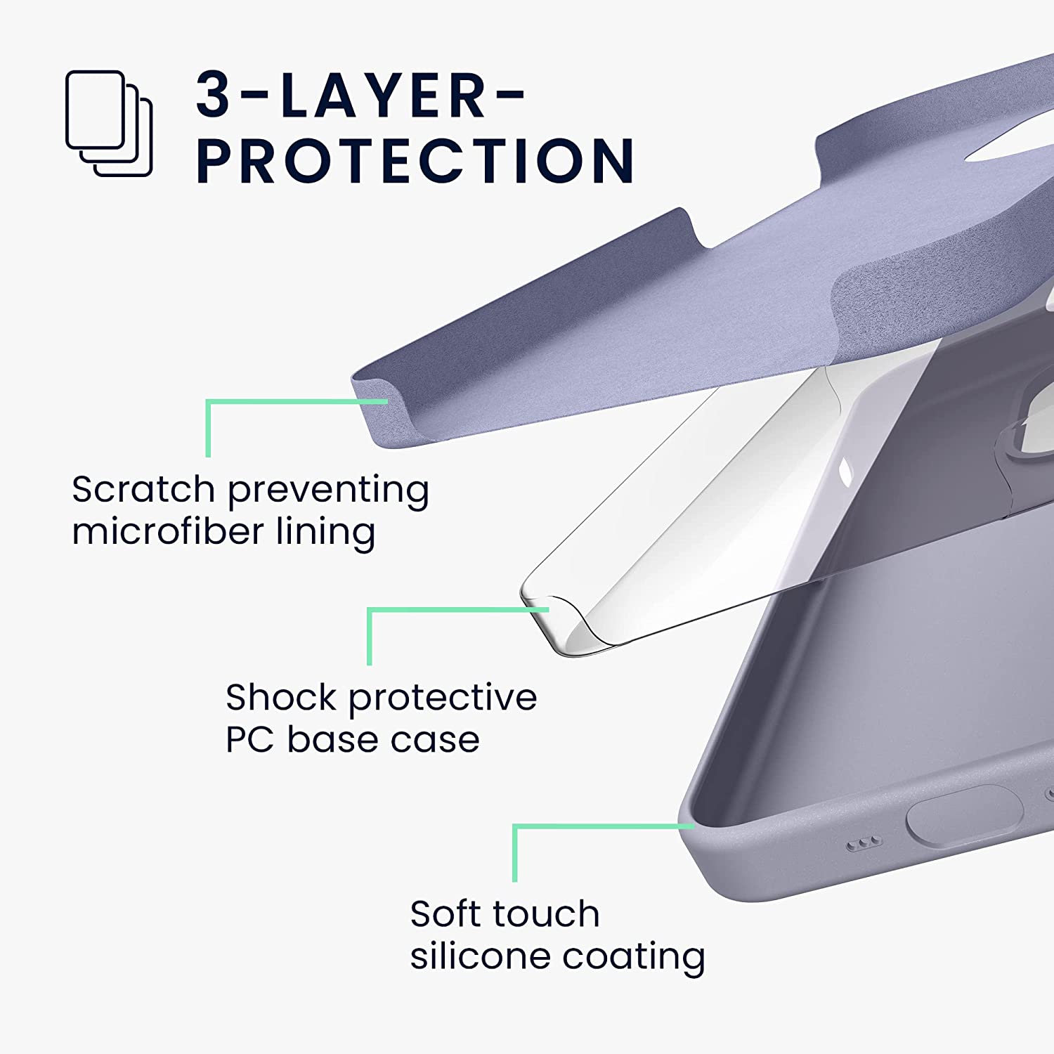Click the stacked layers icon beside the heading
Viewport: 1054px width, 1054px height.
point(109,124)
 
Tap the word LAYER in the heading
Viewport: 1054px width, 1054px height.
point(383,95)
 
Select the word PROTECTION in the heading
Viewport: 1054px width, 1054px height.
point(415,161)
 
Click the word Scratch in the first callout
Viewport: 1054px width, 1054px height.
point(143,489)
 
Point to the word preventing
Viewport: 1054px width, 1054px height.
point(328,490)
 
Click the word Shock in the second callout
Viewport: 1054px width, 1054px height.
point(281,698)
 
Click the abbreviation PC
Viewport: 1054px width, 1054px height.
point(250,740)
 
